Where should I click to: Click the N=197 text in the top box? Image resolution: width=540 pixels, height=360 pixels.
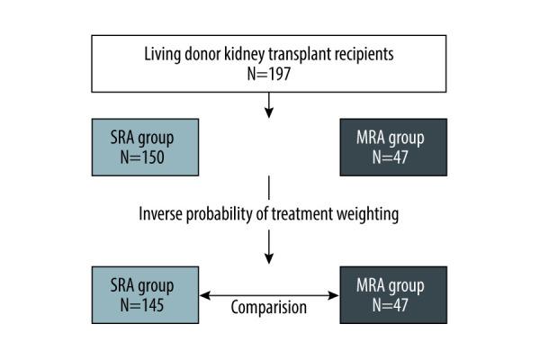pyautogui.click(x=269, y=74)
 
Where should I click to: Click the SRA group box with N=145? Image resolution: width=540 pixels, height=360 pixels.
pyautogui.click(x=144, y=294)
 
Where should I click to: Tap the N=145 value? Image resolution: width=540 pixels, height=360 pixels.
pyautogui.click(x=144, y=305)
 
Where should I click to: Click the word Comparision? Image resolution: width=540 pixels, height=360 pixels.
pyautogui.click(x=268, y=307)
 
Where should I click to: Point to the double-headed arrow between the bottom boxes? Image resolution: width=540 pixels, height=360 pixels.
pyautogui.click(x=268, y=294)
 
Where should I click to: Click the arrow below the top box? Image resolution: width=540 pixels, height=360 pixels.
pyautogui.click(x=269, y=109)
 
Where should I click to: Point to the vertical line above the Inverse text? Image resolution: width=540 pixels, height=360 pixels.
pyautogui.click(x=269, y=189)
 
